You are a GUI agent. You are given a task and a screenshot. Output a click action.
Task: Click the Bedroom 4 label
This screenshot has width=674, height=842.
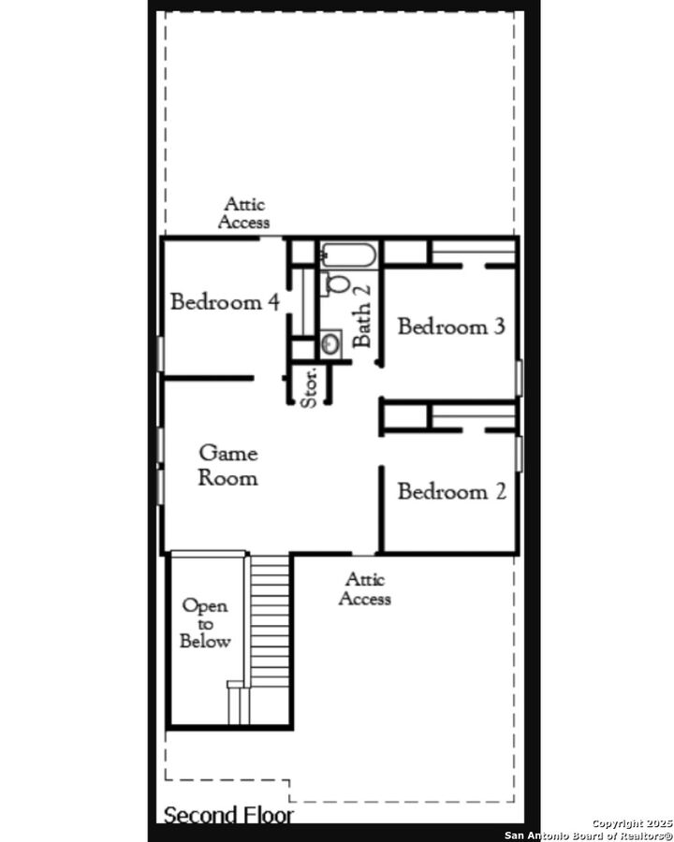click(x=226, y=302)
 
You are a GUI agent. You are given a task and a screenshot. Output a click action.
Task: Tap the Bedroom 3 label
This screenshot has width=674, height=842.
click(x=451, y=327)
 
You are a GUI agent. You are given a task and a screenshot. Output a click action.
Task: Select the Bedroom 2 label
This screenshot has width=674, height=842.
click(x=451, y=491)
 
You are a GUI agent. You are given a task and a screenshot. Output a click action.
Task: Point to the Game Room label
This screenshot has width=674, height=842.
click(x=228, y=465)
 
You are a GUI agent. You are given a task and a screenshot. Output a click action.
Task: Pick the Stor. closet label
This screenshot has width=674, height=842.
click(x=310, y=385)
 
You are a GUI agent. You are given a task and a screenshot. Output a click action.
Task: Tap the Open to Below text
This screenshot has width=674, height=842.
click(x=205, y=623)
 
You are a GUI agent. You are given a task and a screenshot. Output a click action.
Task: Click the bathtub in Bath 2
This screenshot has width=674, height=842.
click(x=349, y=254)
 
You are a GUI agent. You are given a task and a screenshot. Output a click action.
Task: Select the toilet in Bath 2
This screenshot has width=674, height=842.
click(x=340, y=284)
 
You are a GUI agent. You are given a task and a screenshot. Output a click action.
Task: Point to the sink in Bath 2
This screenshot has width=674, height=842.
click(x=331, y=343)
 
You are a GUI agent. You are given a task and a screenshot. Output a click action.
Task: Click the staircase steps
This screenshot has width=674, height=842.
click(x=271, y=617)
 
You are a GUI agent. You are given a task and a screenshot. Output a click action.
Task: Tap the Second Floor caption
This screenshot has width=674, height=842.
click(x=228, y=815)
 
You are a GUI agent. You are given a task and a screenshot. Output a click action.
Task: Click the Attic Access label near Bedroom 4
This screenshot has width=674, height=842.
click(x=243, y=213)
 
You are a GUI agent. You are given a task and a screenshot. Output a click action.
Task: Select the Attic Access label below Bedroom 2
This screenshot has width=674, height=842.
click(x=365, y=589)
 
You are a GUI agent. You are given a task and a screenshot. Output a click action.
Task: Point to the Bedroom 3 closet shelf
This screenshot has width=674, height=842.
click(x=472, y=253)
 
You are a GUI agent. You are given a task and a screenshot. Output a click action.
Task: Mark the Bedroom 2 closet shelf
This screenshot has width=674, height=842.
click(x=472, y=416)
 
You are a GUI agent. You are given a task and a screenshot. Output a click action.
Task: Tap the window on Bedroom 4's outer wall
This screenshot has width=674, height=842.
click(x=161, y=355)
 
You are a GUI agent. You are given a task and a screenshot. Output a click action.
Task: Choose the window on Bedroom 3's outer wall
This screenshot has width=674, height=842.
click(x=519, y=377)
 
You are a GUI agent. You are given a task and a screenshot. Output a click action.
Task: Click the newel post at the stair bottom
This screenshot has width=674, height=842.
click(x=235, y=686)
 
